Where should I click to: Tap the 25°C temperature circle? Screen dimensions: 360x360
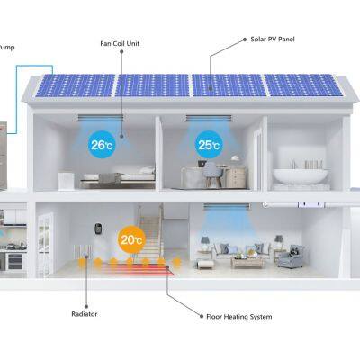(208, 142)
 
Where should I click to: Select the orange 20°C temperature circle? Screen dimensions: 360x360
(130, 240)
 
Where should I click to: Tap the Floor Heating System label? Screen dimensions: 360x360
(238, 316)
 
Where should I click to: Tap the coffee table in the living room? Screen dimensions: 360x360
(247, 261)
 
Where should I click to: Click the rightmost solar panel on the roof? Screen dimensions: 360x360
(304, 85)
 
